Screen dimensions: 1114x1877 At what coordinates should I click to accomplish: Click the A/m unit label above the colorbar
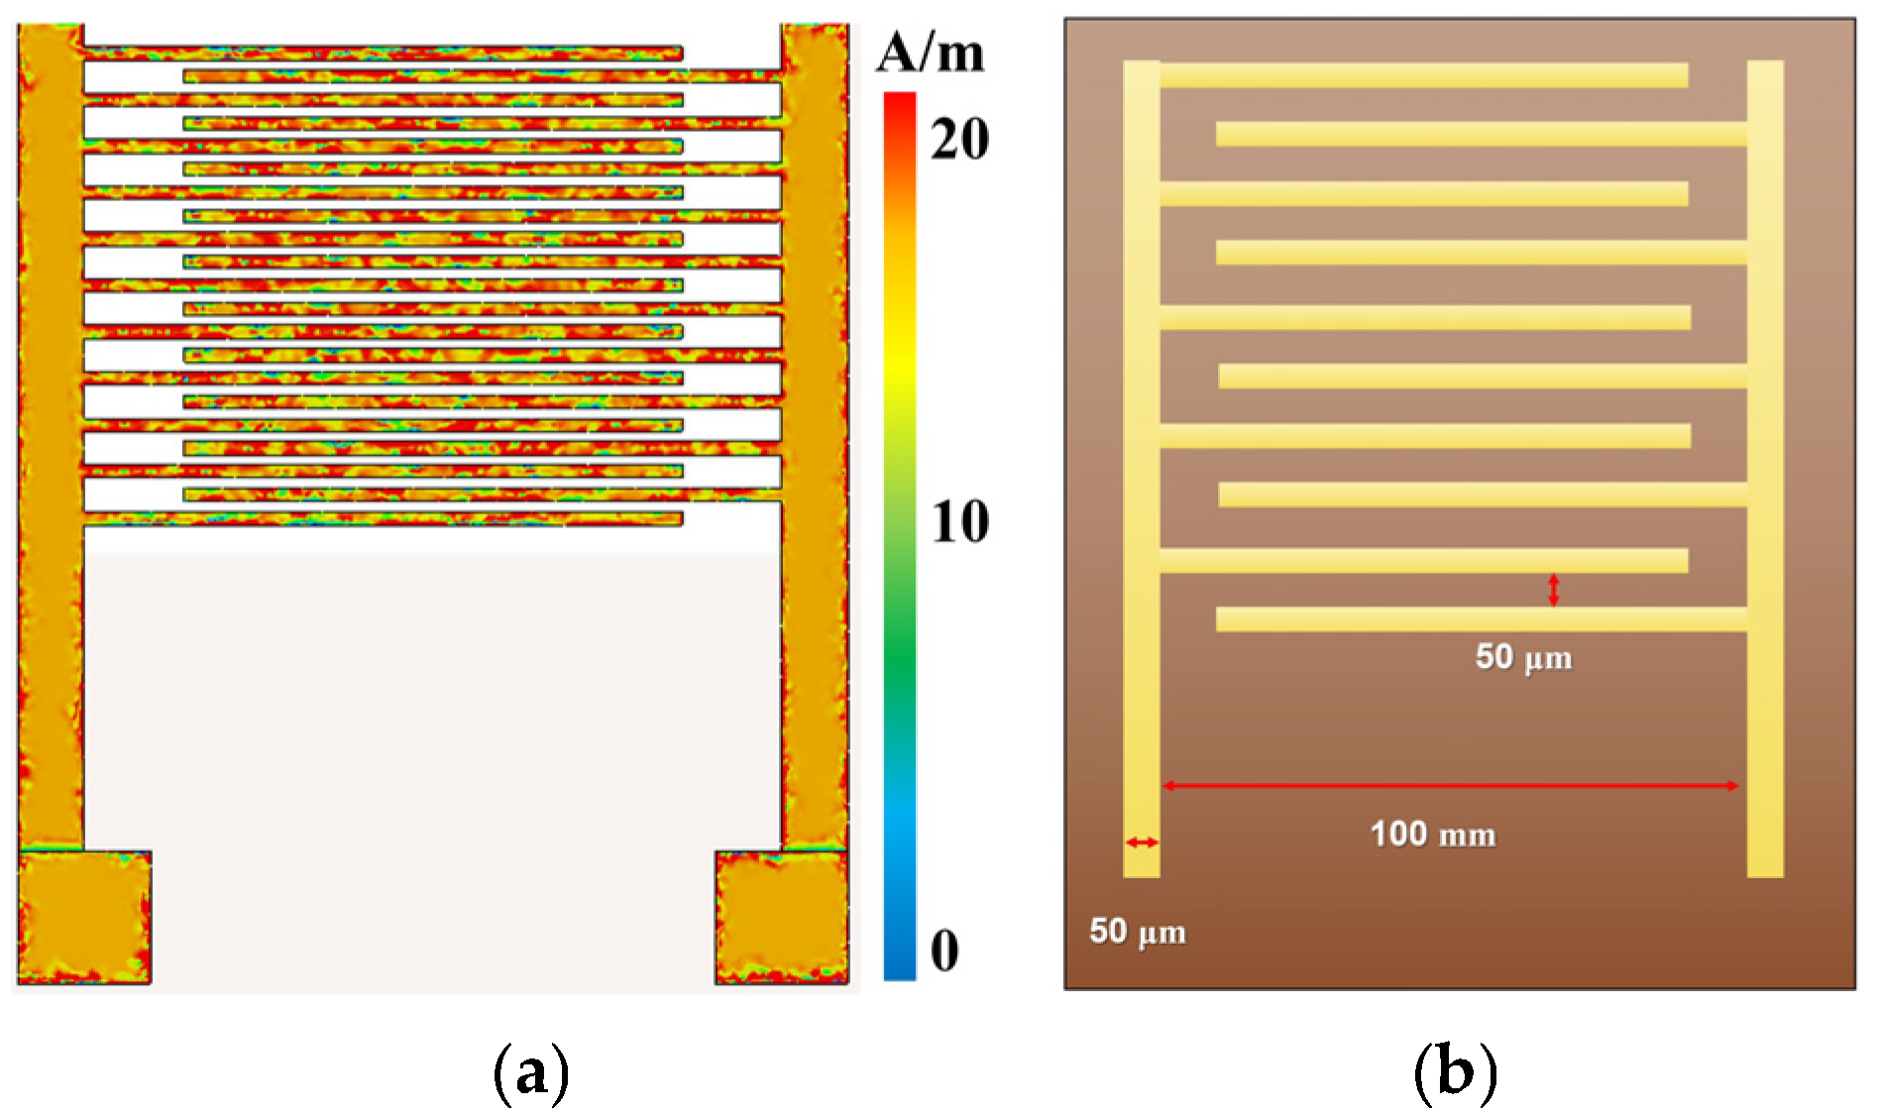(x=930, y=54)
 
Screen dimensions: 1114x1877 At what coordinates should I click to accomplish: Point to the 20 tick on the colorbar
(x=958, y=139)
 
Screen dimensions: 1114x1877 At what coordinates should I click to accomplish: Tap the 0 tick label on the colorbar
(x=944, y=950)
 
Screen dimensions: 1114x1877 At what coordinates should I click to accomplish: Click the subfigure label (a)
(x=531, y=1071)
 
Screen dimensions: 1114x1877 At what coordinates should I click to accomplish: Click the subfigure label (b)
(x=1455, y=1071)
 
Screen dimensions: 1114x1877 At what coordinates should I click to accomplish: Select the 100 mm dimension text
(x=1433, y=835)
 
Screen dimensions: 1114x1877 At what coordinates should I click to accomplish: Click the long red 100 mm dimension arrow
(x=1450, y=786)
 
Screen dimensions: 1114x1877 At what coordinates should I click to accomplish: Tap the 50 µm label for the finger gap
(x=1523, y=657)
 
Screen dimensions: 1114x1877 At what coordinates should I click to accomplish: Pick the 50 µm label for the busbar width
(x=1137, y=932)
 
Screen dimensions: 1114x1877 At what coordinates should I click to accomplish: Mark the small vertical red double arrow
(x=1553, y=590)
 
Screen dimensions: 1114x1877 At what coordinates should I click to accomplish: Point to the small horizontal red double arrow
(x=1142, y=842)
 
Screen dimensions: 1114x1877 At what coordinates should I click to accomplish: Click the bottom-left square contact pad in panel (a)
(x=84, y=917)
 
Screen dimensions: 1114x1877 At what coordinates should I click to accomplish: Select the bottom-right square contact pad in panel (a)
(x=781, y=917)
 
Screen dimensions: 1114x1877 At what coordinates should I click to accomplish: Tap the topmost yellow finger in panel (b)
(x=1423, y=75)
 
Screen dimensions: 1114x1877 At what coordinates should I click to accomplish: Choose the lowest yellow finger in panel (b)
(x=1481, y=619)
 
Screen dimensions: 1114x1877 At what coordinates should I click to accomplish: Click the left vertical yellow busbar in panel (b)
(x=1141, y=466)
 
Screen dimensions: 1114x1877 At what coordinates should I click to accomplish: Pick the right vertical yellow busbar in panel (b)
(x=1764, y=466)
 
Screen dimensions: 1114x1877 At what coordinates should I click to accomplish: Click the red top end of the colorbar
(x=900, y=100)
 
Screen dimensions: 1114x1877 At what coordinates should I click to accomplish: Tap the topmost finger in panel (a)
(x=383, y=53)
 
